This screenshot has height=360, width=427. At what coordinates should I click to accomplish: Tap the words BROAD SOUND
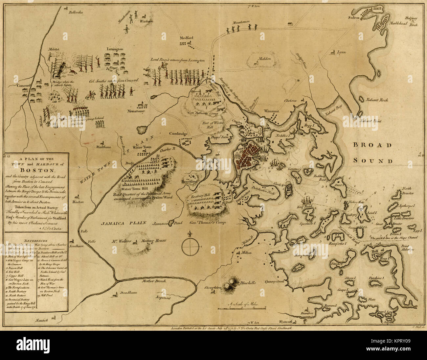372,153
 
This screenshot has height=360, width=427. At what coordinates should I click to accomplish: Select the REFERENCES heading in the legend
36,241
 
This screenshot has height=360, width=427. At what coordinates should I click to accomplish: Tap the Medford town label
186,38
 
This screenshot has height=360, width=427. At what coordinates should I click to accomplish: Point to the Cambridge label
178,134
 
